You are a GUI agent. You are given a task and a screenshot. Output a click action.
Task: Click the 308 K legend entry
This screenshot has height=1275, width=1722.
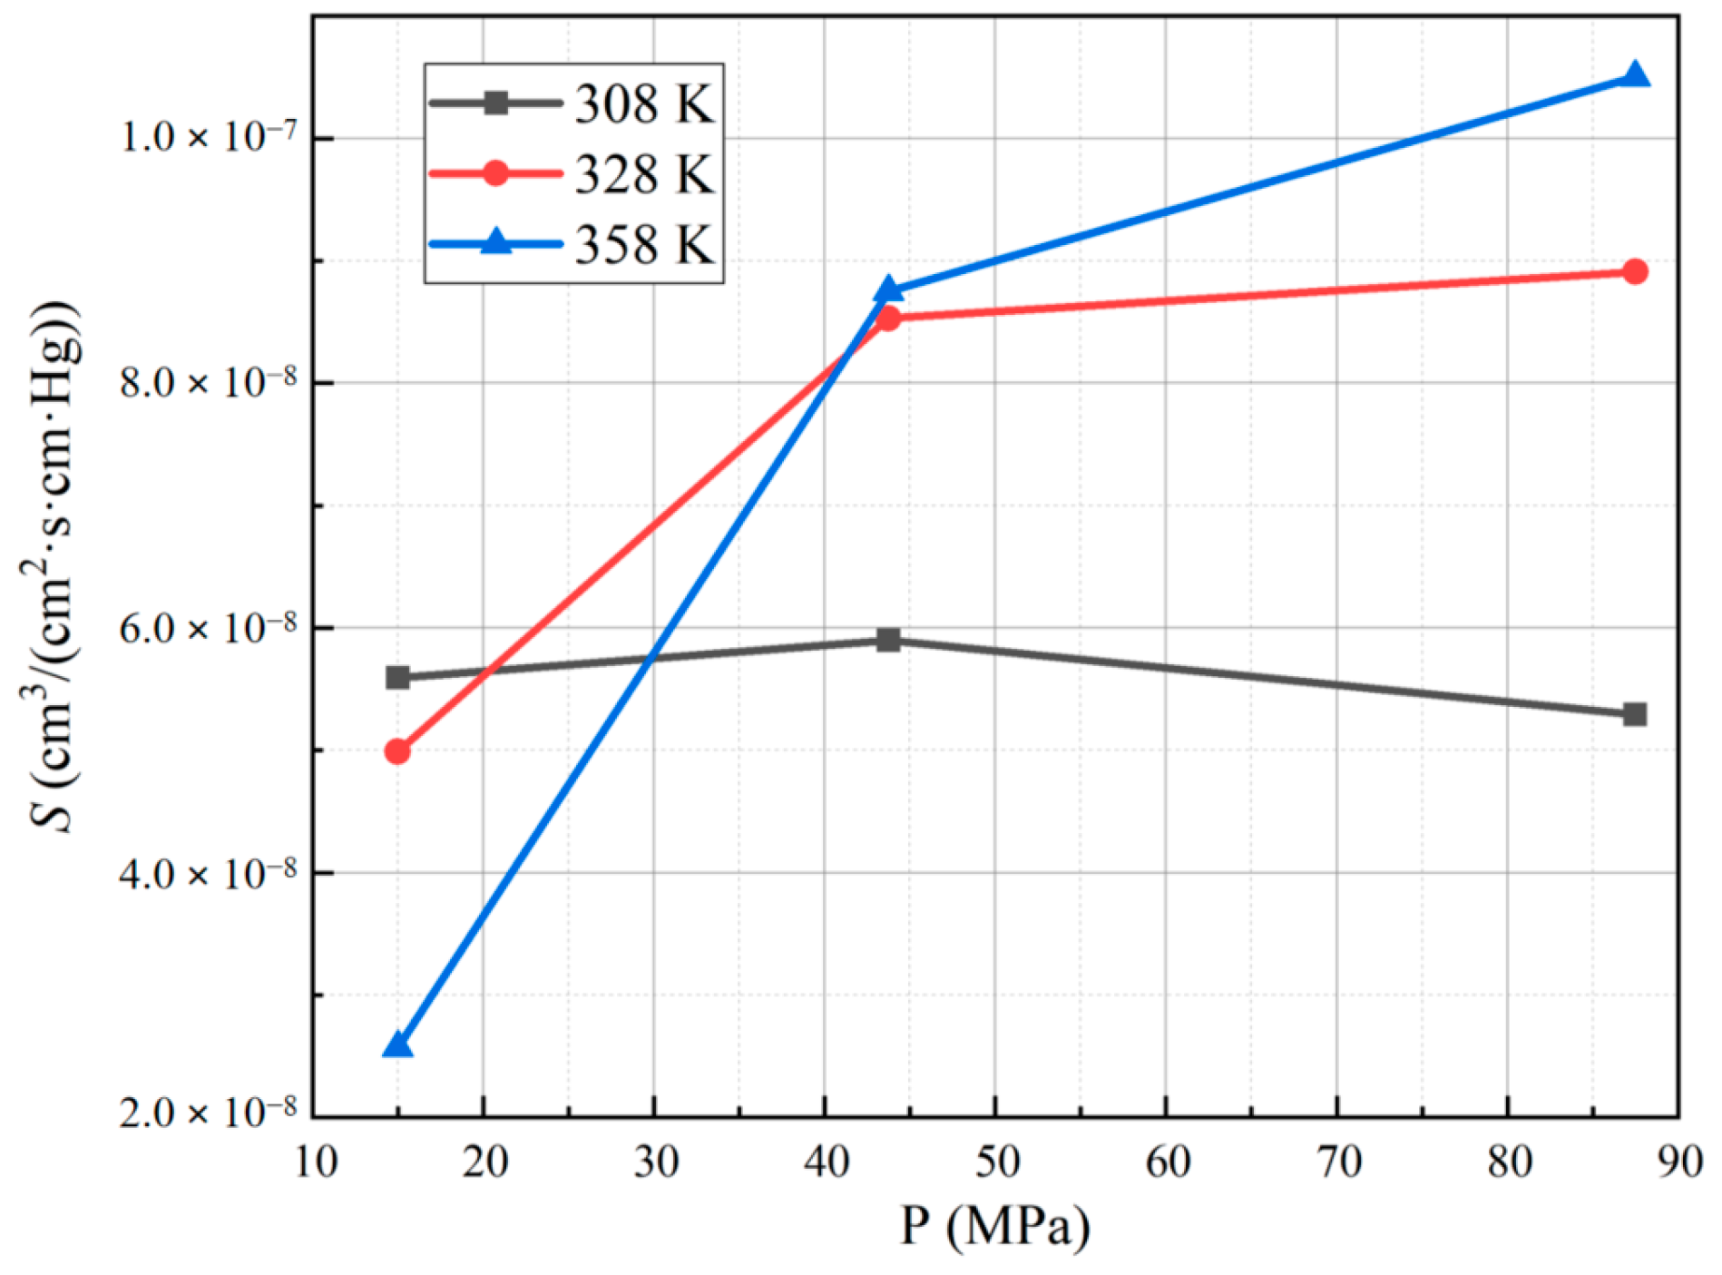[643, 103]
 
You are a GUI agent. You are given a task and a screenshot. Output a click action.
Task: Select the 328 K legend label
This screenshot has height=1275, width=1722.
[643, 173]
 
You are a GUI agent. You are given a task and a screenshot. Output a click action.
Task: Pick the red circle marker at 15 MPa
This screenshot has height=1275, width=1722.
[397, 751]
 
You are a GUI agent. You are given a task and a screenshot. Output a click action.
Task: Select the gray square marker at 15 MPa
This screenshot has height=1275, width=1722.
[397, 677]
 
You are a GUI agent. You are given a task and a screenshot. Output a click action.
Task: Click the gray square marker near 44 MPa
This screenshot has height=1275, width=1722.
[888, 640]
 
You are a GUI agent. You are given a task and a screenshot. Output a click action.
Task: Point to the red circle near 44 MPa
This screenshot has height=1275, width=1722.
[888, 318]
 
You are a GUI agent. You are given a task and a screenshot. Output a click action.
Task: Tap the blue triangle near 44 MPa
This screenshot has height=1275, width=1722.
[888, 290]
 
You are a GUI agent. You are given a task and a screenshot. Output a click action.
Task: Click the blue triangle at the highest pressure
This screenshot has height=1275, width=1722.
[1635, 75]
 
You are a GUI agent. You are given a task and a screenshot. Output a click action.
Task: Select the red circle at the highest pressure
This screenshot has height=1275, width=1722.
[1635, 271]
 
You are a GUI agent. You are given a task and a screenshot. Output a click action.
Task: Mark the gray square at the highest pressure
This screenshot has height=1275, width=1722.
[1635, 714]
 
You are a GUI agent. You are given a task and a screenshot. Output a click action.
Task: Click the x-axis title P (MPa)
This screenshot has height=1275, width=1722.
[994, 1226]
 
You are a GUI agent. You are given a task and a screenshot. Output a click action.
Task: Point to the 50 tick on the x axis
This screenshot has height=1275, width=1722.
[996, 1162]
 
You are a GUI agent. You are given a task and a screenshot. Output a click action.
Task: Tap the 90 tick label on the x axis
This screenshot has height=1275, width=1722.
[1679, 1162]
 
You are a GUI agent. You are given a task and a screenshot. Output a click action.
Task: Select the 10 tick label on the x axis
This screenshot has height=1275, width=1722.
[316, 1162]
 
